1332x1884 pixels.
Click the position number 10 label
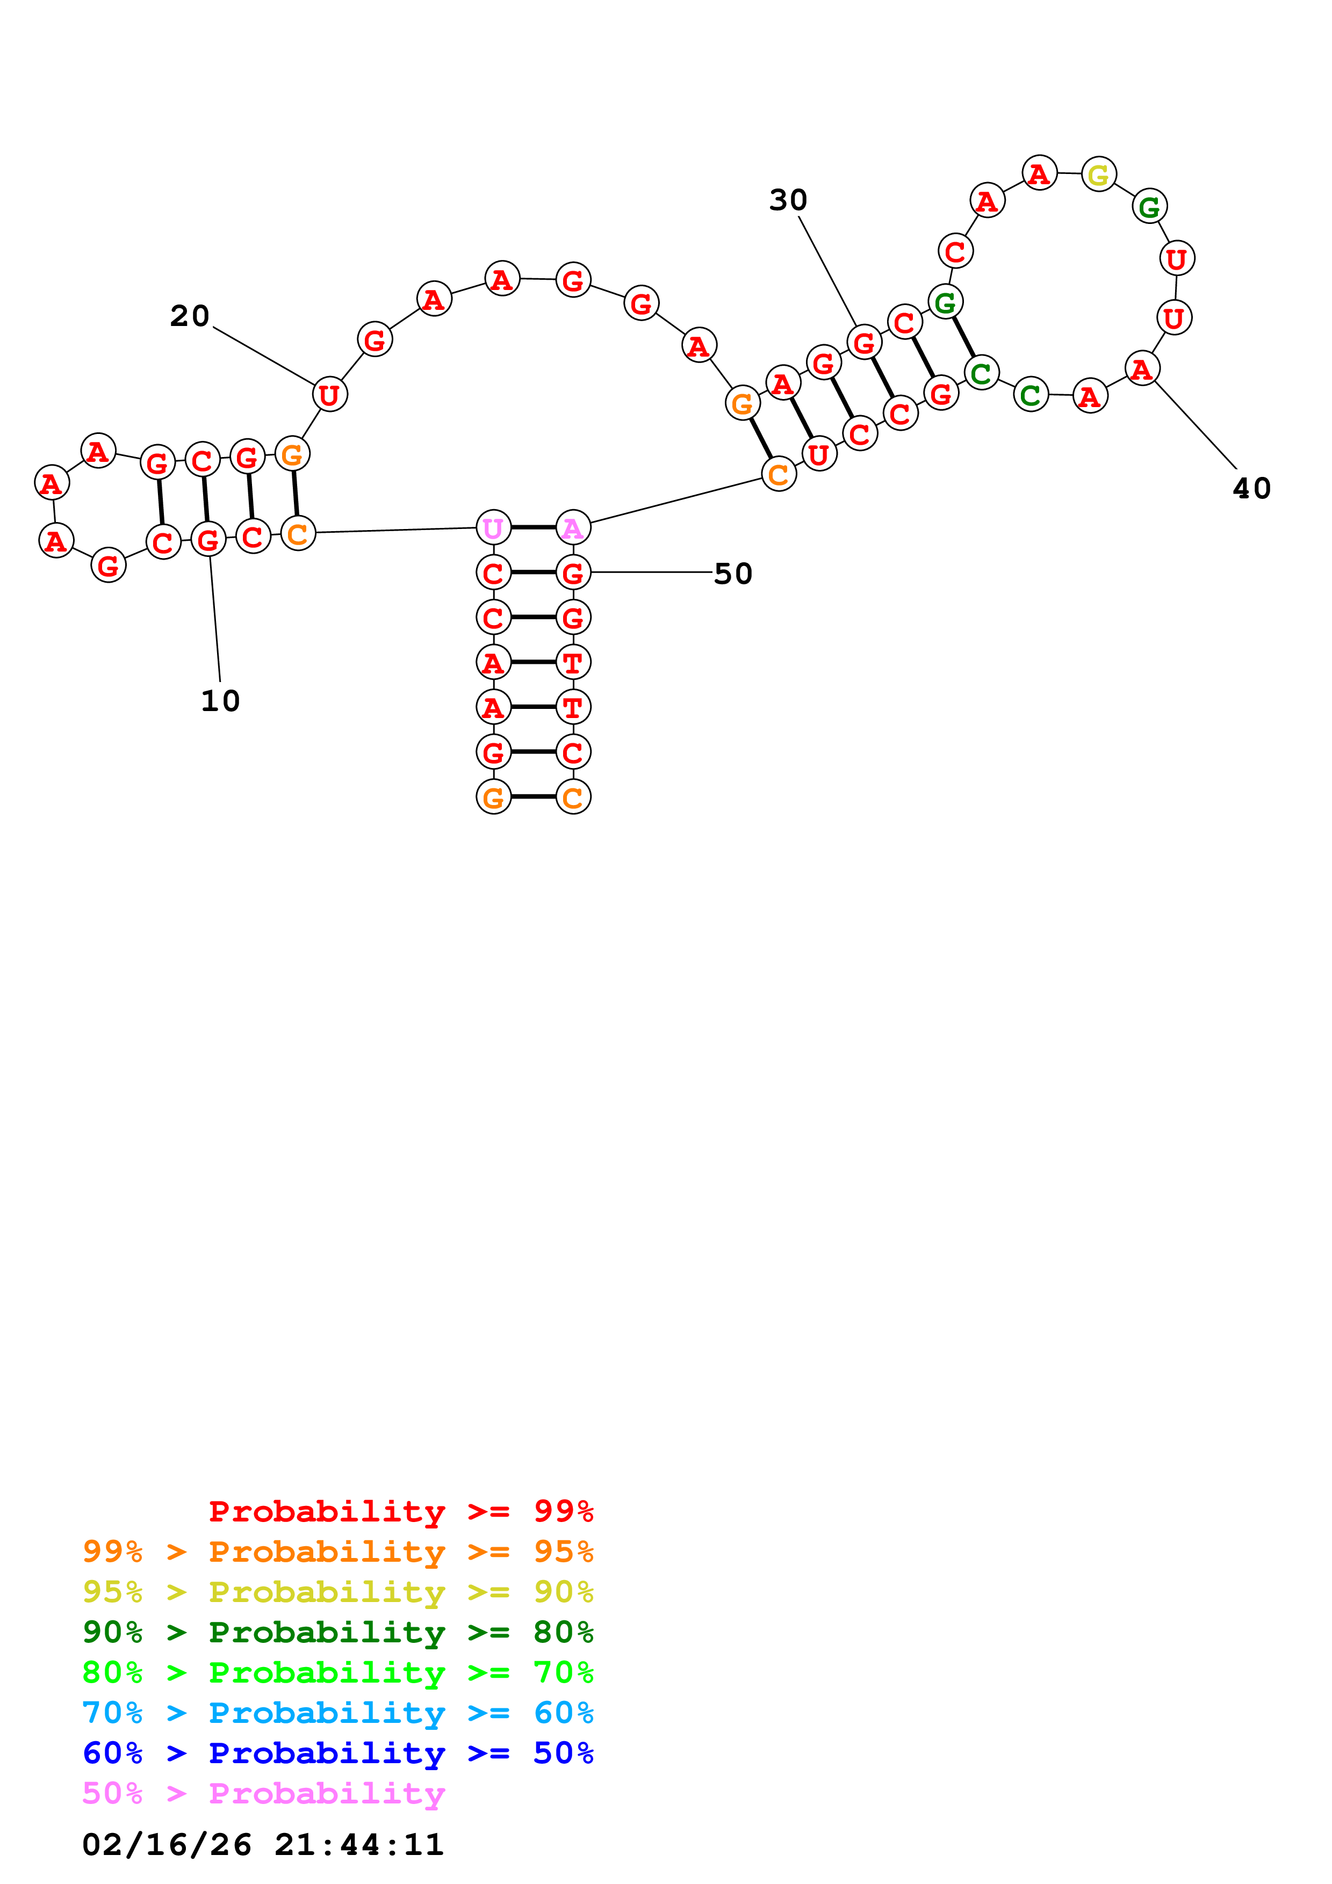coord(220,701)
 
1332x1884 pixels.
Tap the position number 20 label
coord(190,316)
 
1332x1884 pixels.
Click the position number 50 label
coord(733,574)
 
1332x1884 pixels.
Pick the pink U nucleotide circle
coord(493,527)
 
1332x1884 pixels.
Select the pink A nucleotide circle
coord(573,527)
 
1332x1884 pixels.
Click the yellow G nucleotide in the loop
coord(1098,174)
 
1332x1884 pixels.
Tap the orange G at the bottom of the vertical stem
coord(493,797)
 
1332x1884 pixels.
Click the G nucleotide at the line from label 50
coord(573,573)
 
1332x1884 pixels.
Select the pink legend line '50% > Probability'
coord(263,1794)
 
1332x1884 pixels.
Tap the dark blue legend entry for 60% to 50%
coord(337,1753)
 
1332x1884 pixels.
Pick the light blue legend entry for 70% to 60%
coord(337,1713)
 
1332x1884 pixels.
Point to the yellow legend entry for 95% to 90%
coord(337,1592)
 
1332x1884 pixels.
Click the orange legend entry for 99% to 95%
coord(337,1552)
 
